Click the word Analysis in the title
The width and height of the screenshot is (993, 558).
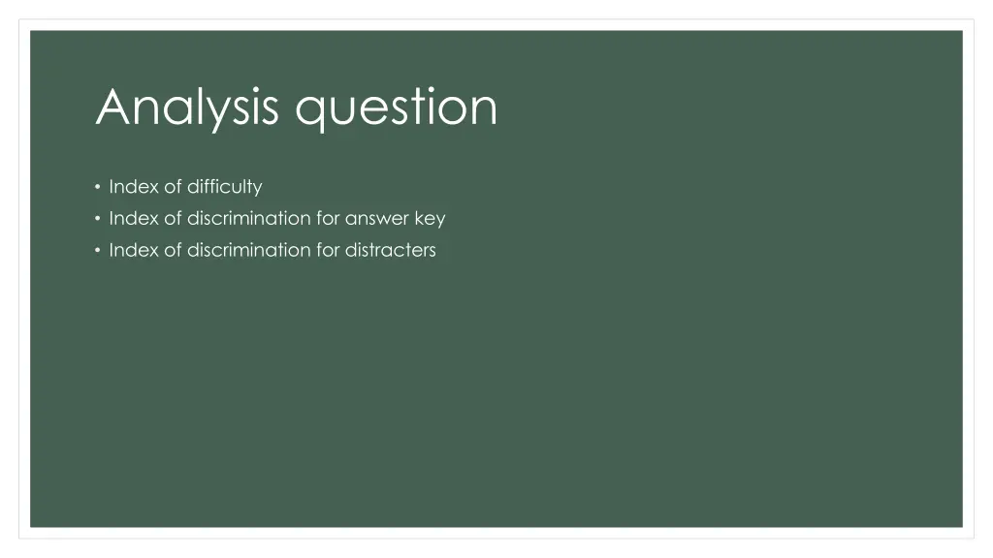click(191, 108)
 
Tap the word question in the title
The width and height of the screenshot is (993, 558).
click(397, 109)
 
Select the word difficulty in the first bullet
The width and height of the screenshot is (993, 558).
click(225, 186)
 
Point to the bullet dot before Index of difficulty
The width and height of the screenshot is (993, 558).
click(98, 186)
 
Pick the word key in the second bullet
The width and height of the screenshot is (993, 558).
click(430, 218)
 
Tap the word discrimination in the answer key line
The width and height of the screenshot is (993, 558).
click(249, 218)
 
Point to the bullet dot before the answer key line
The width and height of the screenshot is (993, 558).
click(98, 218)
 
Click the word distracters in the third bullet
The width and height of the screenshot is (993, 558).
click(391, 250)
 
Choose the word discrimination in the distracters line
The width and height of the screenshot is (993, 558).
click(249, 250)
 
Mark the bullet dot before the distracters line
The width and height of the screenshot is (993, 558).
click(98, 250)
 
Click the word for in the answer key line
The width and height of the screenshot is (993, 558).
click(328, 218)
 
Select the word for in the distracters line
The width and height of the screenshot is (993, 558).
click(328, 250)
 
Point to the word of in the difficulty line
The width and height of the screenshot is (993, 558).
click(173, 186)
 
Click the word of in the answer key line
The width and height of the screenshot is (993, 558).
click(173, 218)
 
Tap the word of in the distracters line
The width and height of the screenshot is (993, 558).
click(173, 250)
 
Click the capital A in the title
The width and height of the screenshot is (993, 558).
click(113, 107)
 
